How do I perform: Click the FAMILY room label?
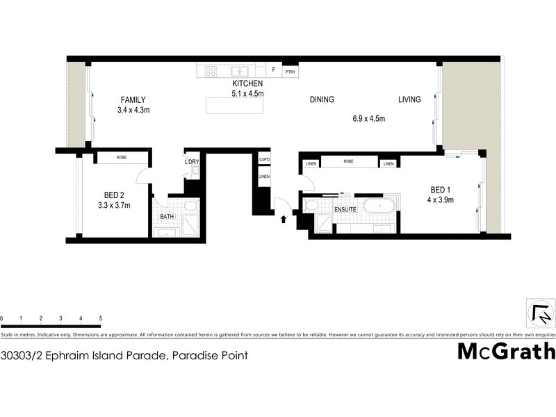pyautogui.click(x=133, y=99)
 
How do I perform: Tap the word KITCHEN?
pyautogui.click(x=247, y=83)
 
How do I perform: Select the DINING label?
pyautogui.click(x=322, y=99)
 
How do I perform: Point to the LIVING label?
pyautogui.click(x=409, y=99)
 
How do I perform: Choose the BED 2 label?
pyautogui.click(x=115, y=195)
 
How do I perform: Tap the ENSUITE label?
pyautogui.click(x=345, y=208)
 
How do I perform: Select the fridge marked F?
pyautogui.click(x=274, y=71)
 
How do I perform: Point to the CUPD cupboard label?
pyautogui.click(x=264, y=159)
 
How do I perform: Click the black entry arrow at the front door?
pyautogui.click(x=284, y=220)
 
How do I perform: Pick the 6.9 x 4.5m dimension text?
pyautogui.click(x=368, y=119)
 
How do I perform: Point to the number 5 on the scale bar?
pyautogui.click(x=101, y=318)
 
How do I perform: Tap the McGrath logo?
pyautogui.click(x=506, y=351)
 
